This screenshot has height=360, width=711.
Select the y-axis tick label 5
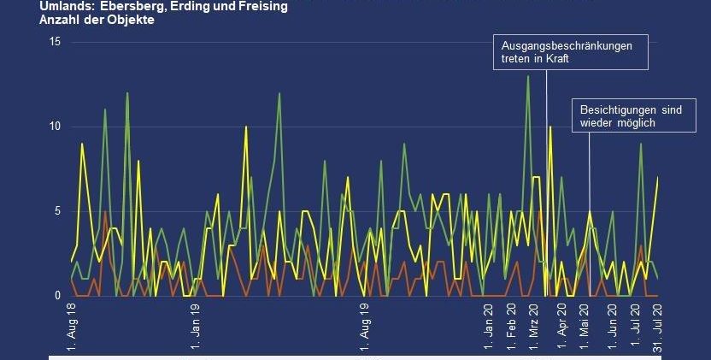(57, 210)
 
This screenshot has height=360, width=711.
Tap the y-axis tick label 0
(57, 295)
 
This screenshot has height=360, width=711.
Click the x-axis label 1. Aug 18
(72, 326)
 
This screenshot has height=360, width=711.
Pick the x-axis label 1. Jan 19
(196, 326)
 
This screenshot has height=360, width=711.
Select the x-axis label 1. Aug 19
(365, 326)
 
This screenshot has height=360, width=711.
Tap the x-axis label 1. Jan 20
(488, 326)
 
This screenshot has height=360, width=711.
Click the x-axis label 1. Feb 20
(512, 326)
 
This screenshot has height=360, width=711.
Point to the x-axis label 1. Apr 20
(561, 326)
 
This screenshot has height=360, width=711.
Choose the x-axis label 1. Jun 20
(612, 326)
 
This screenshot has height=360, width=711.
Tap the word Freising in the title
(262, 6)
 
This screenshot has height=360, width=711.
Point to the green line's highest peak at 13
(528, 76)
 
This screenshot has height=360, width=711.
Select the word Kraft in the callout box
(555, 60)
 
